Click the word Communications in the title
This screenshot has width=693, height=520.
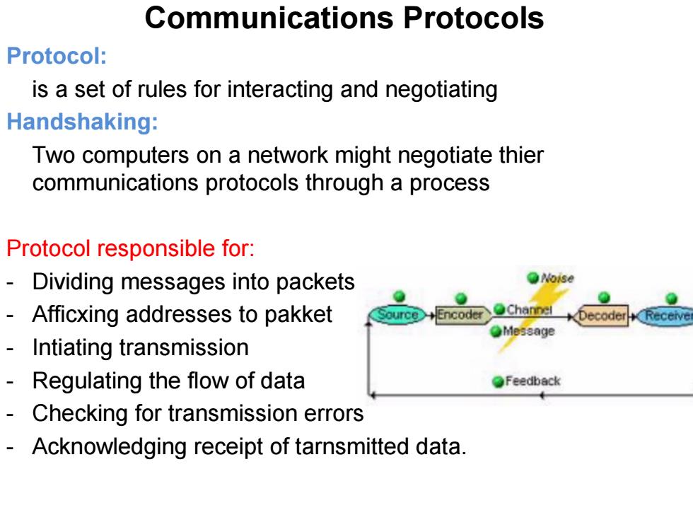(x=269, y=18)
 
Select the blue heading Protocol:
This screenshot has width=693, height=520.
(x=57, y=56)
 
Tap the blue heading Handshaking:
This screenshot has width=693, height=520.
(x=82, y=122)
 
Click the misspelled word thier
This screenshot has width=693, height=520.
(x=522, y=155)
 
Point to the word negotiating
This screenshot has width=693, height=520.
(x=441, y=90)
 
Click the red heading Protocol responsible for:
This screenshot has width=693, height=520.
(x=130, y=248)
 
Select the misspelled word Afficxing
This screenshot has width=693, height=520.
(x=76, y=315)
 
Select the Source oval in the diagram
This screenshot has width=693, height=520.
(x=397, y=315)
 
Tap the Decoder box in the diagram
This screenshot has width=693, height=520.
(x=602, y=316)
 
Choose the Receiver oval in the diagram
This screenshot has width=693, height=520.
(x=665, y=316)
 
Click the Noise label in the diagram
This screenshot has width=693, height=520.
(x=557, y=278)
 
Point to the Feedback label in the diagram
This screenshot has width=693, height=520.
(x=533, y=381)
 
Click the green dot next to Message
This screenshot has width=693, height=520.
(x=496, y=331)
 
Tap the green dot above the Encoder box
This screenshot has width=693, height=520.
(x=461, y=298)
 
